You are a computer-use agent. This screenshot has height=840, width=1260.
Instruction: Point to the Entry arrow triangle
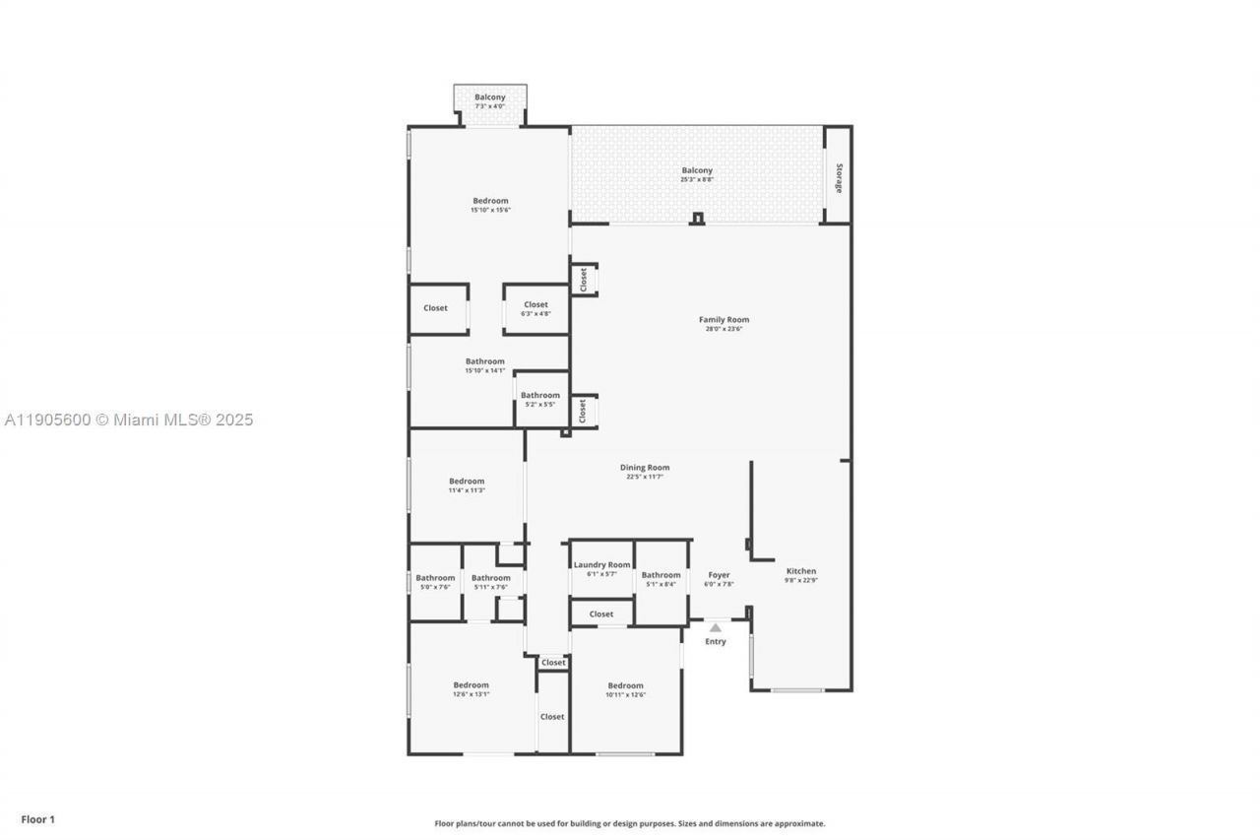coord(716,627)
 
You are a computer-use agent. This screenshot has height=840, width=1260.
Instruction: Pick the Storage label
coord(839,177)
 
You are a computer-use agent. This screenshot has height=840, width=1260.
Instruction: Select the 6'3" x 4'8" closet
coord(535,308)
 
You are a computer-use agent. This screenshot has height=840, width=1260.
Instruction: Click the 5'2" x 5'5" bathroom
coord(540,399)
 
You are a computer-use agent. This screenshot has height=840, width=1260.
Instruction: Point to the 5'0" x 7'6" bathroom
coord(435,581)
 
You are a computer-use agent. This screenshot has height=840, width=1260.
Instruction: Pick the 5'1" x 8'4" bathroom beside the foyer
coord(661,578)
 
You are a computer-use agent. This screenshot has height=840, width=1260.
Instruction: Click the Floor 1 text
coord(38,819)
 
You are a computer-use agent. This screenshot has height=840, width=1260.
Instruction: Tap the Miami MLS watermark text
coord(128,420)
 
